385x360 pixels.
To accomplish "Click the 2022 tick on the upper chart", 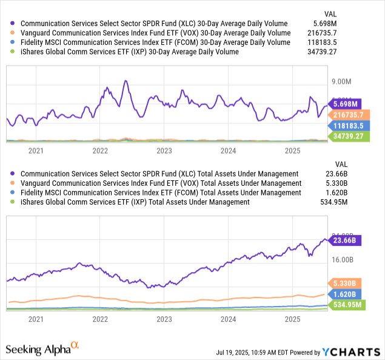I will [x=100, y=151].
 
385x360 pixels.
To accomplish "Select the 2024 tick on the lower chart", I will [x=229, y=319].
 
